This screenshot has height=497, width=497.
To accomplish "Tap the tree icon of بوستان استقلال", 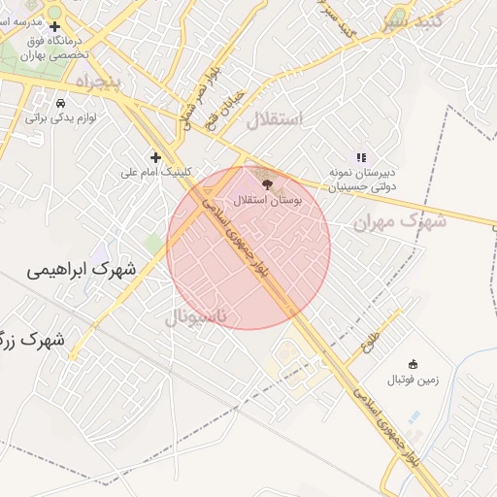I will tap(268, 182).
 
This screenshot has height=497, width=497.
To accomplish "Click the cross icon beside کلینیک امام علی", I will tap(155, 157).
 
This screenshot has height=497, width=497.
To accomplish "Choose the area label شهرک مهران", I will tap(399, 222).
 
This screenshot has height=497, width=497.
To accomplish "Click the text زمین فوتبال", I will tap(414, 379).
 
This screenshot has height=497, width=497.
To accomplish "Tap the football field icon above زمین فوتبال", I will tap(414, 364).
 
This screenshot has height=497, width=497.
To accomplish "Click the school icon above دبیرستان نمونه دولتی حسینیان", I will tap(361, 156).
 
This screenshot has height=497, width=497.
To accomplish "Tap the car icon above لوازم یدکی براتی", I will tap(61, 103).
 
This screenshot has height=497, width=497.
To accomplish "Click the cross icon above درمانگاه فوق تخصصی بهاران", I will tap(55, 26).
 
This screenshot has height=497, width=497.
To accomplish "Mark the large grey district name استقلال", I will tap(275, 120).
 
